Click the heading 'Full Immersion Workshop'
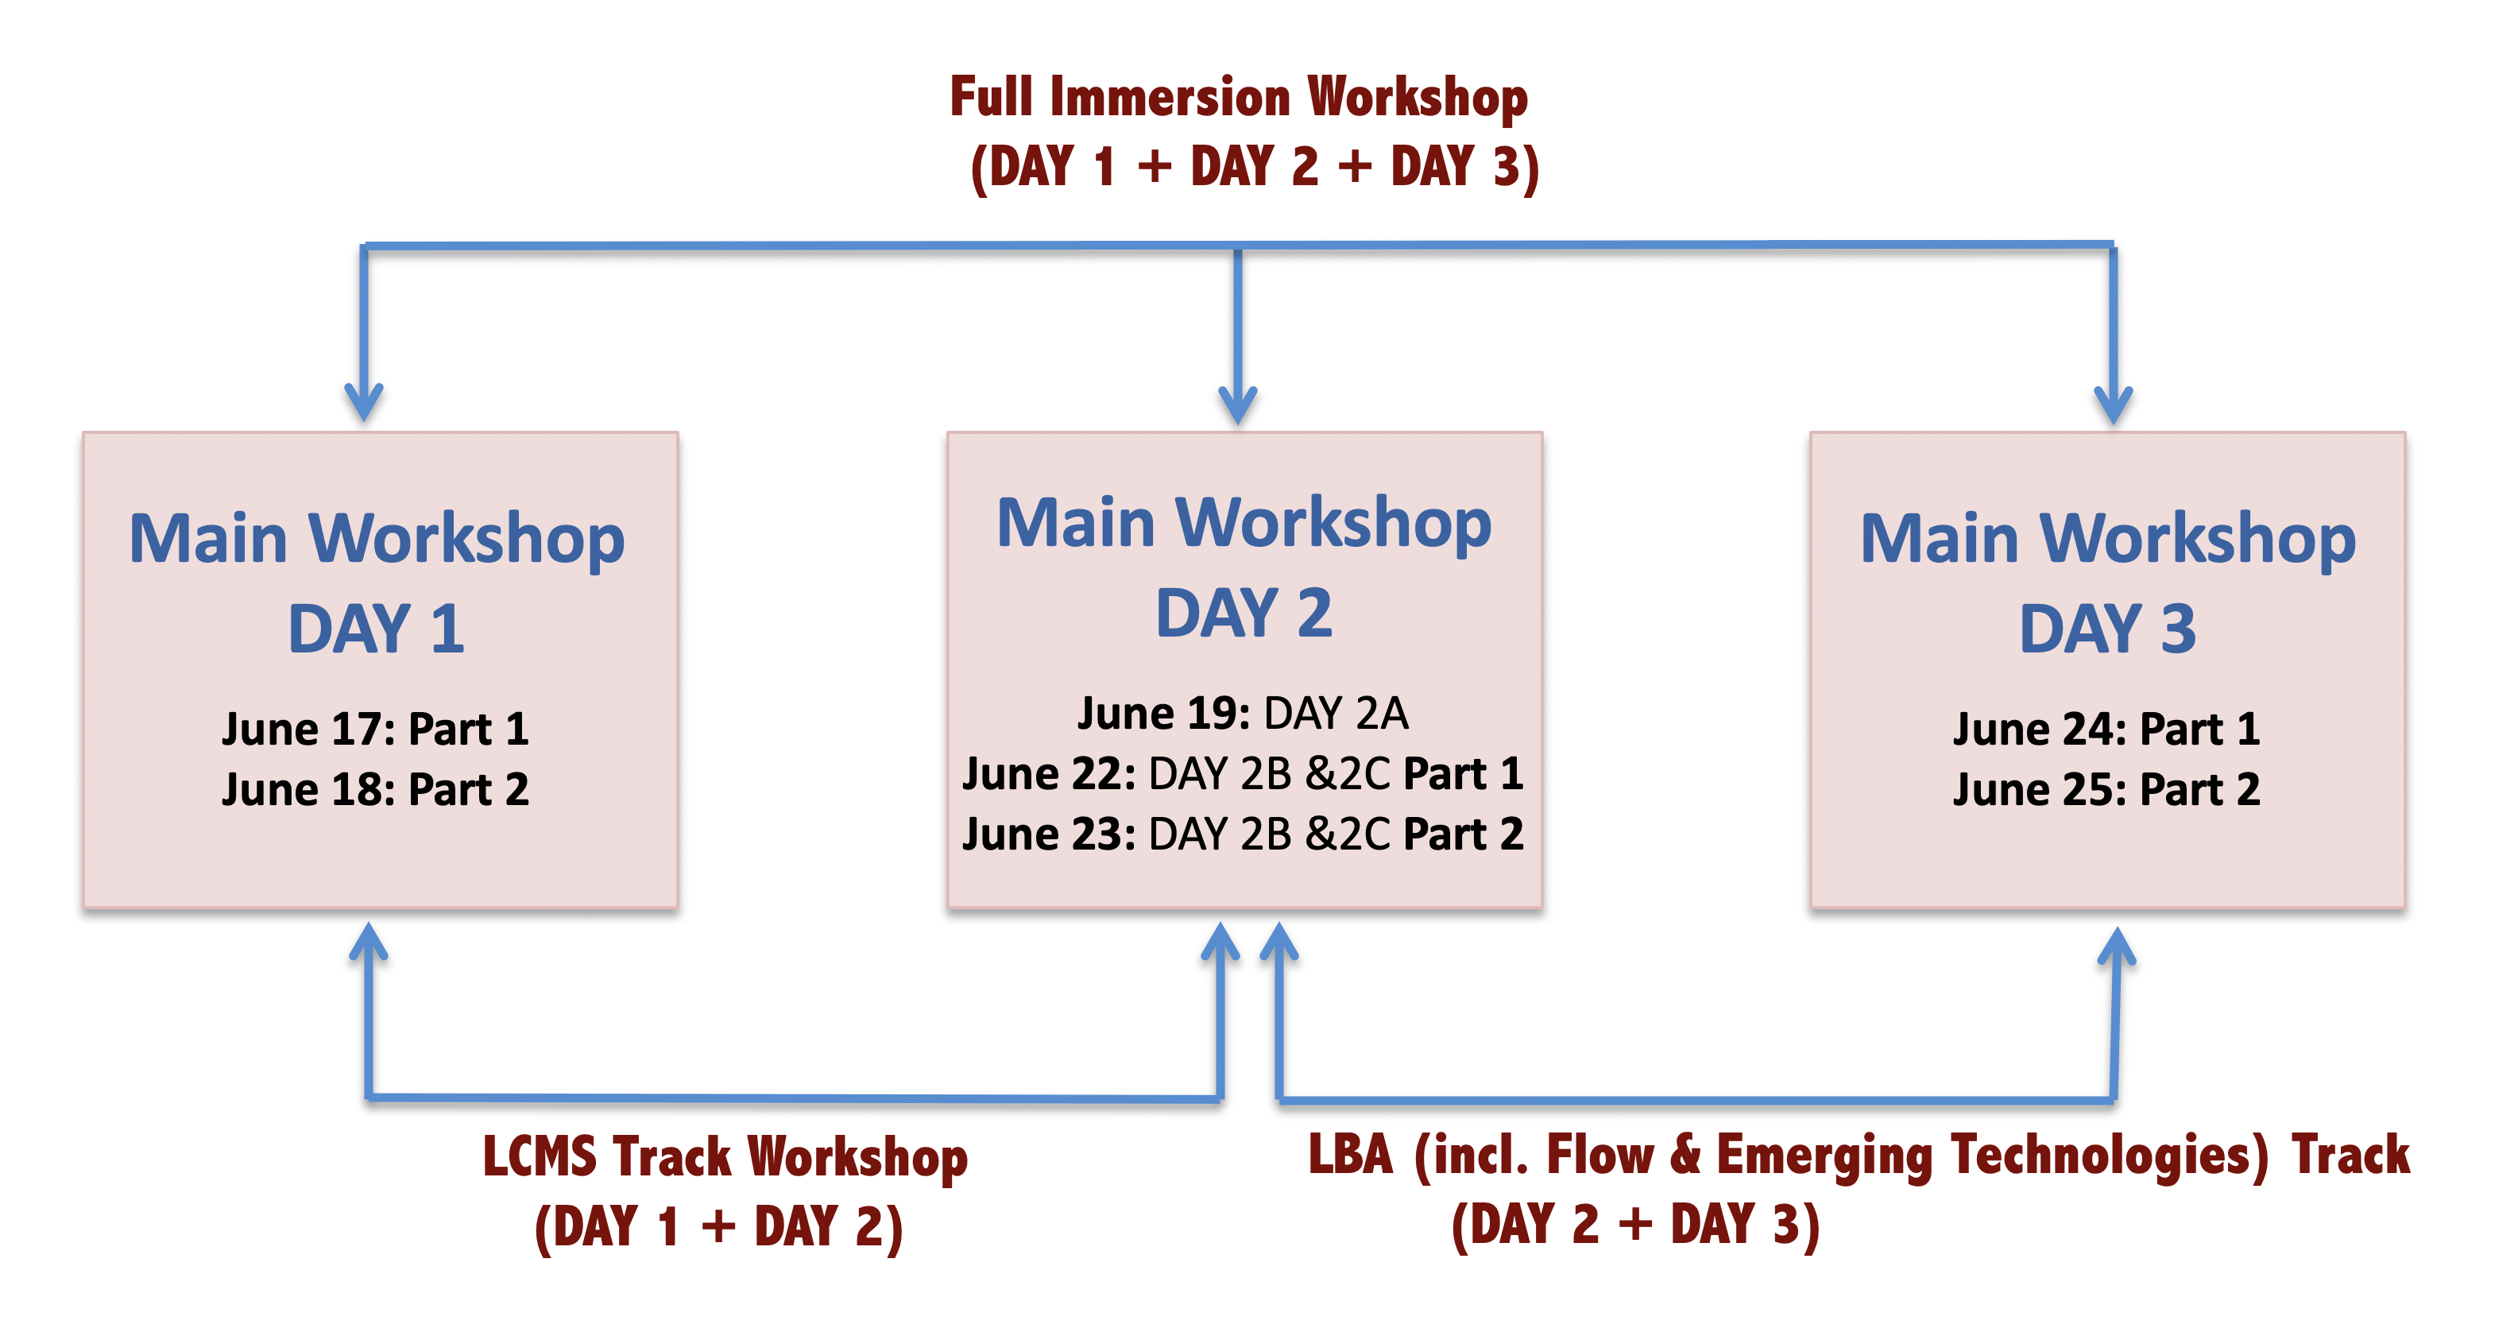(1238, 99)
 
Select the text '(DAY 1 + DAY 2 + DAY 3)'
(1255, 168)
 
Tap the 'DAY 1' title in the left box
(376, 629)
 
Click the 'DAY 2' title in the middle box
(1244, 614)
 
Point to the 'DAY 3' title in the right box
(2107, 629)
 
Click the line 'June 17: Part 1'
(376, 730)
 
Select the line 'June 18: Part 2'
(376, 789)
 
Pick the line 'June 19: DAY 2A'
(1243, 714)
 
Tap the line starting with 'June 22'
(1243, 774)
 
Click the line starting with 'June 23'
(1243, 834)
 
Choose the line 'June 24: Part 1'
(2106, 730)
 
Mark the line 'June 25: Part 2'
(2106, 789)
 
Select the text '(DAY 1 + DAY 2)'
(718, 1226)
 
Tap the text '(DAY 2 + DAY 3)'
(1636, 1225)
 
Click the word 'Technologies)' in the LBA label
(2110, 1156)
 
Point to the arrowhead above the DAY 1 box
(364, 401)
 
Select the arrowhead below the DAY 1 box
(369, 942)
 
